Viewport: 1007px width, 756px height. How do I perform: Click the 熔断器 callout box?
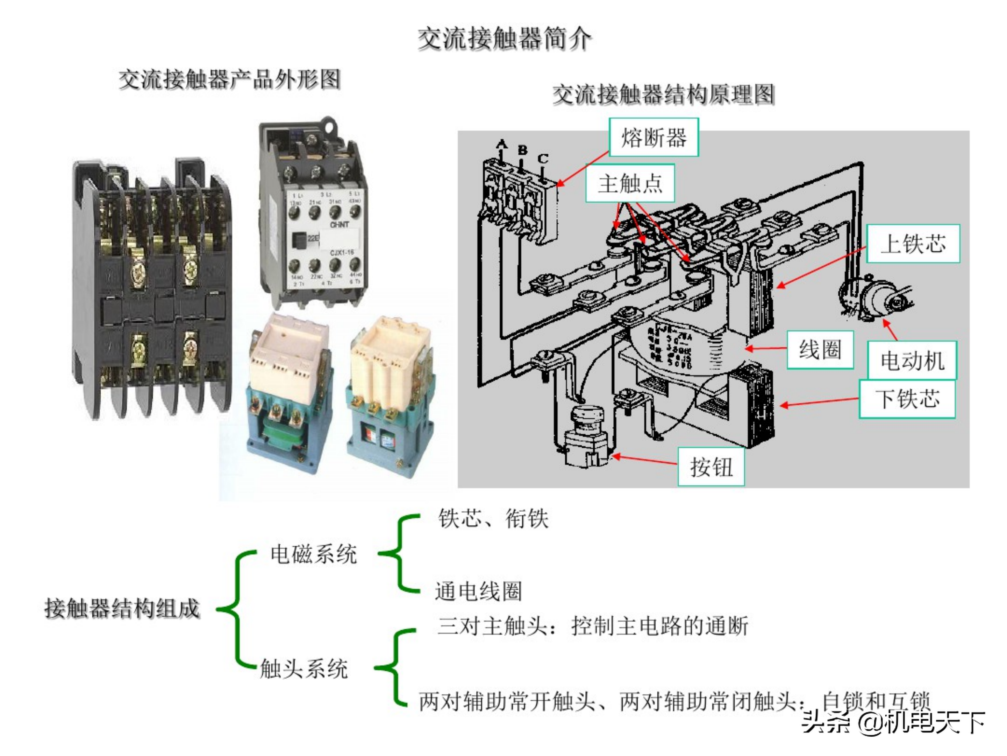pos(653,138)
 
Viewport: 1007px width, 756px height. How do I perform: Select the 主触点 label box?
pos(630,183)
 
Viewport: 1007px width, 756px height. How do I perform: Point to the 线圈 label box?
pos(820,350)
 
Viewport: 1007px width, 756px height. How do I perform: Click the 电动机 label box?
pos(912,360)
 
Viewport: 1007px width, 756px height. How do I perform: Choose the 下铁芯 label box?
pos(907,399)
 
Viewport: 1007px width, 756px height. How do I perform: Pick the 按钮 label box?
pos(711,467)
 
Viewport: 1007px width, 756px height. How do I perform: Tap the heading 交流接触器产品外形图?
pos(230,80)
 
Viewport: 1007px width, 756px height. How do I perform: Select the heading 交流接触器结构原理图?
pos(663,95)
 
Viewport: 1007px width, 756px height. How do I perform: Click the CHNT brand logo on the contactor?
pos(339,225)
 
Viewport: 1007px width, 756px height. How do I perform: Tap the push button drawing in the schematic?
pos(586,435)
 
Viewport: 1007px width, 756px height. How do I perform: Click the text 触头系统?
pos(303,668)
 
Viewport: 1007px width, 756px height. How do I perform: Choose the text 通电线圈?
pos(478,591)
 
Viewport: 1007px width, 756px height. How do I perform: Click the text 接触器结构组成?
pos(122,608)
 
